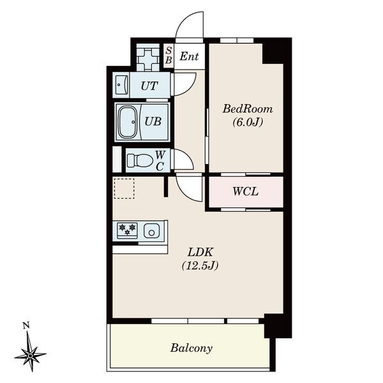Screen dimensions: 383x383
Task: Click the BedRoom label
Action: click(x=248, y=109)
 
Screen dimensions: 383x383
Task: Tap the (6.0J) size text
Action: click(x=248, y=122)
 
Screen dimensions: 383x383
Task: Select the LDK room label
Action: click(x=200, y=252)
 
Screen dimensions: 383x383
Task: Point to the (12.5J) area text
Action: click(x=200, y=266)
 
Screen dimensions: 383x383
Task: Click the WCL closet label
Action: click(x=245, y=191)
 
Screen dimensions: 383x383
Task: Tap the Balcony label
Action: click(x=191, y=348)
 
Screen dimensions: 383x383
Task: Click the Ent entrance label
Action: click(x=189, y=57)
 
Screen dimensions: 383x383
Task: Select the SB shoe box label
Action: click(x=169, y=56)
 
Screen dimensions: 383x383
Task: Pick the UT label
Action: click(x=149, y=86)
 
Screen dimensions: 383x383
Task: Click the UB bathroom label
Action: click(x=153, y=121)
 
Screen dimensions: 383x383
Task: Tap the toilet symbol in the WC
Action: click(x=140, y=160)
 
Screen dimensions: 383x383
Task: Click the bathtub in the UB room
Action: click(x=128, y=122)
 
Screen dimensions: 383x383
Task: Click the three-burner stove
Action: click(x=127, y=230)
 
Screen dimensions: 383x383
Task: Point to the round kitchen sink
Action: click(x=152, y=232)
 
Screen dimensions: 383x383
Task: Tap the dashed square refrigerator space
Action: click(x=124, y=188)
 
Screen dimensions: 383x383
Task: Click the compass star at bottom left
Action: click(x=30, y=355)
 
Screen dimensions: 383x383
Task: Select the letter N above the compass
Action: click(x=26, y=326)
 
